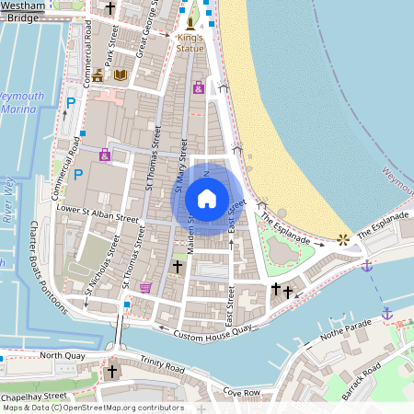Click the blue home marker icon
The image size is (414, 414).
pyautogui.click(x=207, y=199)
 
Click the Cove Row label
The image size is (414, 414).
pyautogui.click(x=242, y=393)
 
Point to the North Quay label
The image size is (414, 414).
pyautogui.click(x=61, y=355)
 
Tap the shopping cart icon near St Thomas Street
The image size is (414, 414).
pyautogui.click(x=144, y=287)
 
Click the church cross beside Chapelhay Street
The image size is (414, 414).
pyautogui.click(x=112, y=372)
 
